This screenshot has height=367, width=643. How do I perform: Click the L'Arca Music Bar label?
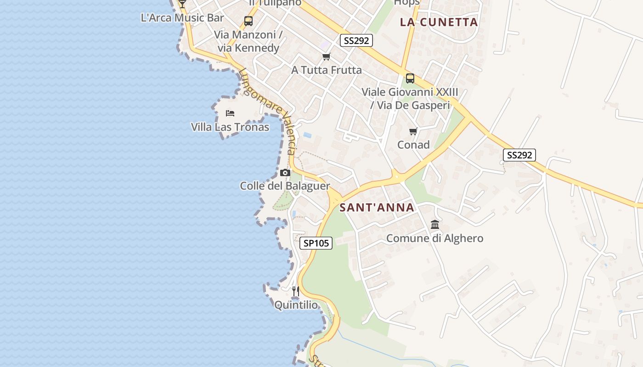[x=182, y=18]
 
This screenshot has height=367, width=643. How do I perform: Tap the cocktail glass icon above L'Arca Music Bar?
[x=182, y=4]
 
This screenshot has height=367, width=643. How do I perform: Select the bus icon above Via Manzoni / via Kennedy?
[x=248, y=21]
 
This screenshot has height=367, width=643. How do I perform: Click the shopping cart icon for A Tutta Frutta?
[x=326, y=56]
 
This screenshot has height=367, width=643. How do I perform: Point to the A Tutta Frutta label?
[x=327, y=70]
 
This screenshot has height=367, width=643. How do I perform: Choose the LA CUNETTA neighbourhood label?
[x=439, y=22]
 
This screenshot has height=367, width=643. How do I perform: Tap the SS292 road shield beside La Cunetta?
[x=356, y=40]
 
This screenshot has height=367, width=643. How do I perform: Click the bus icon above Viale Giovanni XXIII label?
[x=410, y=78]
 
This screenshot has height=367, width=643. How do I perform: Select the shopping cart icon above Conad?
[x=413, y=132]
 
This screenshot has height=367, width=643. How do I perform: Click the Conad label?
[x=413, y=145]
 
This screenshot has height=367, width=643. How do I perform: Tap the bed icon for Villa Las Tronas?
[x=230, y=113]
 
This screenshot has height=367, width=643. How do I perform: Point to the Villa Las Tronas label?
[x=230, y=127]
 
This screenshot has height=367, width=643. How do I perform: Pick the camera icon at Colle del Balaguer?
[x=285, y=173]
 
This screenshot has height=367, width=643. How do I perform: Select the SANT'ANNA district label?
[x=377, y=207]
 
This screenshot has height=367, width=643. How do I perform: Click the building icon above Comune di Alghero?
[x=435, y=225]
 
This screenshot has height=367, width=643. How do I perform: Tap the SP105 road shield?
[x=316, y=243]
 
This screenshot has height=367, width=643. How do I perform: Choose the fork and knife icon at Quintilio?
[x=296, y=291]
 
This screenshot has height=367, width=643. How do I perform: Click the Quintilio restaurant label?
[x=296, y=305]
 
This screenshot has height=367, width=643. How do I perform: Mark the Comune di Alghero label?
[x=435, y=239]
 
